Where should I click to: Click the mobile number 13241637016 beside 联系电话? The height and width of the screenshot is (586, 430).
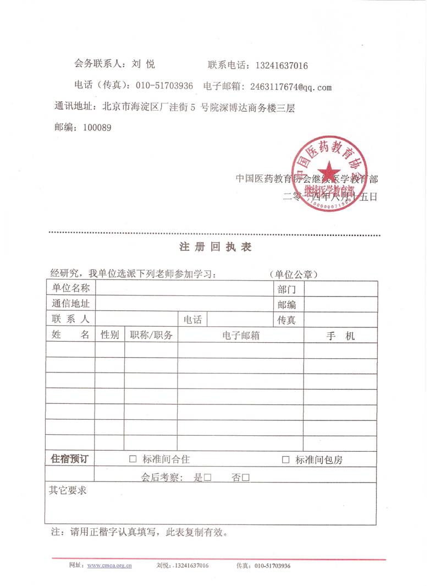281,66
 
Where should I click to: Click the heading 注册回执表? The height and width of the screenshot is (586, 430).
216,248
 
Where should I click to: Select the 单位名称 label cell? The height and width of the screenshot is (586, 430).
71,288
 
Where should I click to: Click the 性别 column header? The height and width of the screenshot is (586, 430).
109,335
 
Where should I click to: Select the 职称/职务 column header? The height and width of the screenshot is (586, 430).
151,335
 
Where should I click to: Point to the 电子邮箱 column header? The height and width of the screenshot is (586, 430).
241,335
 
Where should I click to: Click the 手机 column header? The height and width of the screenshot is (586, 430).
341,336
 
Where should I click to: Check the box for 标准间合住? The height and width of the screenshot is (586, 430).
133,459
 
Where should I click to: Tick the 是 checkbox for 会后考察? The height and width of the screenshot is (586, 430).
208,478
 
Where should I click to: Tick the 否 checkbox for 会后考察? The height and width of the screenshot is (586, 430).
246,478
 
